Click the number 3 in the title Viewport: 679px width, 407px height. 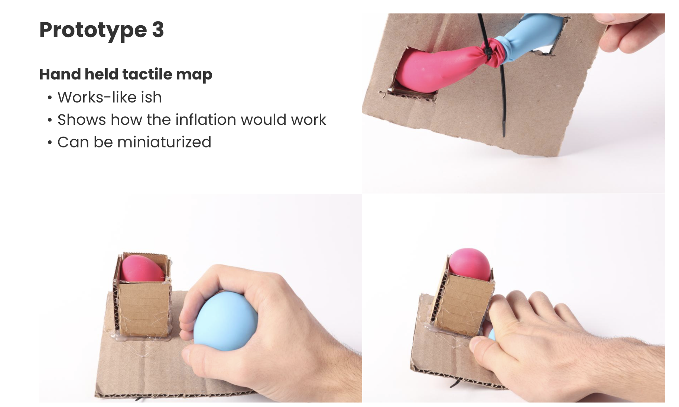(158, 30)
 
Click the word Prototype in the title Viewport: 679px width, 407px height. (93, 30)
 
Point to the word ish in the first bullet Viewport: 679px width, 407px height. (151, 97)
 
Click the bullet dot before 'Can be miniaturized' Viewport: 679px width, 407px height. (50, 143)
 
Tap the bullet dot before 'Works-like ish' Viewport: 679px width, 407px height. (50, 98)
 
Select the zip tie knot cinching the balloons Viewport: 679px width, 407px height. (488, 52)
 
